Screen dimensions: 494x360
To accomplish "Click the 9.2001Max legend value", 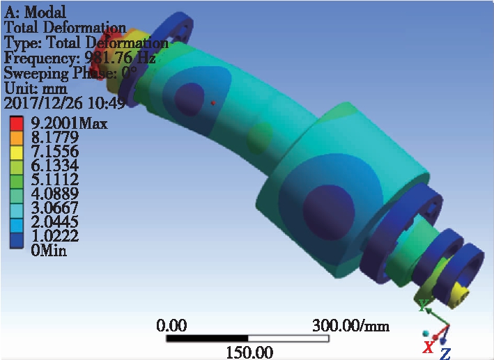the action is [69, 123].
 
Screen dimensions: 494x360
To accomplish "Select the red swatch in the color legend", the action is [17, 123].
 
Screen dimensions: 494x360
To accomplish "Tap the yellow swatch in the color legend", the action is [17, 152].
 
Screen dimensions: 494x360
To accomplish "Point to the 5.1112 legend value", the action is [55, 180].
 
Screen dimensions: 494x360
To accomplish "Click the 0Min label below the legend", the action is [49, 251].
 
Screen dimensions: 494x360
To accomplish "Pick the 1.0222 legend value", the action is [55, 235].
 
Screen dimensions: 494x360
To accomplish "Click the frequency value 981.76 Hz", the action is [121, 57].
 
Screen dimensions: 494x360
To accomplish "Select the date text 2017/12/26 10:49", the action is [65, 102].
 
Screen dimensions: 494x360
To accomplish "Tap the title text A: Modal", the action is [35, 13].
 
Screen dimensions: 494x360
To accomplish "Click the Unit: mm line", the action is [36, 88].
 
